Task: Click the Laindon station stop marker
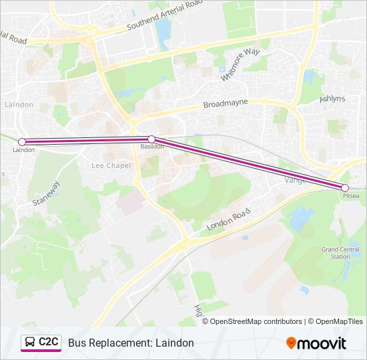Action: click(x=22, y=141)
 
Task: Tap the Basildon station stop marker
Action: click(x=151, y=139)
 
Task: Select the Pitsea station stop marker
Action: click(x=345, y=188)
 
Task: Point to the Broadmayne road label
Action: click(x=225, y=103)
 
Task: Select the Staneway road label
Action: click(x=46, y=193)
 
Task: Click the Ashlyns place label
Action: click(x=332, y=99)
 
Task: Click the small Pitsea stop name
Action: click(x=351, y=197)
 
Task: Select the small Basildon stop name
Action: click(x=152, y=147)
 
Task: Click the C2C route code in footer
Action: click(x=49, y=342)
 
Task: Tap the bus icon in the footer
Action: click(x=30, y=343)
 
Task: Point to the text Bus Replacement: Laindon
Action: click(x=131, y=343)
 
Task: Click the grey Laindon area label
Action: click(x=19, y=105)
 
